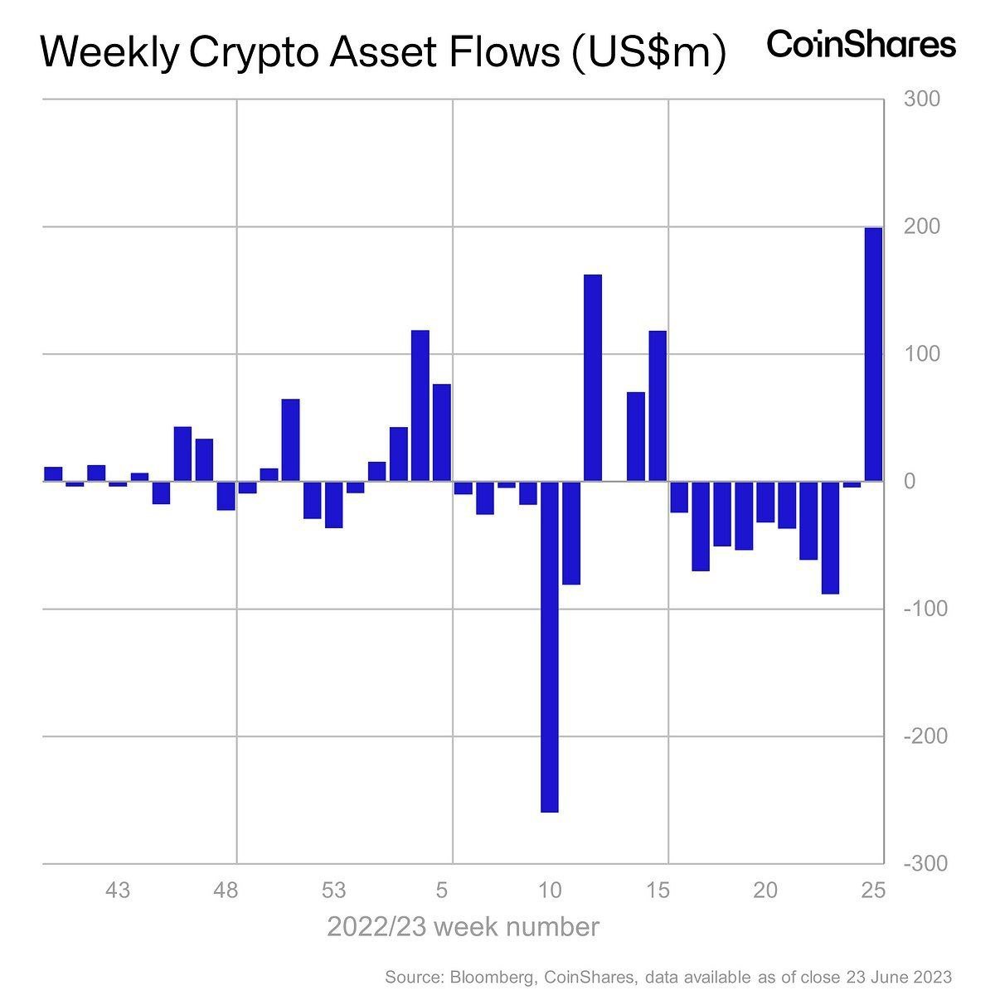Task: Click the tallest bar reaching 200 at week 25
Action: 873,354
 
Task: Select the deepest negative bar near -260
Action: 549,647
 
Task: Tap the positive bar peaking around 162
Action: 593,377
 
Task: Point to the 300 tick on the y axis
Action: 921,100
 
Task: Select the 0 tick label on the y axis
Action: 910,482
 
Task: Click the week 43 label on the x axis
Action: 118,891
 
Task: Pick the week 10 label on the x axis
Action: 549,891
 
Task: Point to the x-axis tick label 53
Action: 333,891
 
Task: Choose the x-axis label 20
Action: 765,891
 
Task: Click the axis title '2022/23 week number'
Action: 463,926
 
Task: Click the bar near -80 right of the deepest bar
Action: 570,533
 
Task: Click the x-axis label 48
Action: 226,891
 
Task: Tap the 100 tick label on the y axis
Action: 921,354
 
